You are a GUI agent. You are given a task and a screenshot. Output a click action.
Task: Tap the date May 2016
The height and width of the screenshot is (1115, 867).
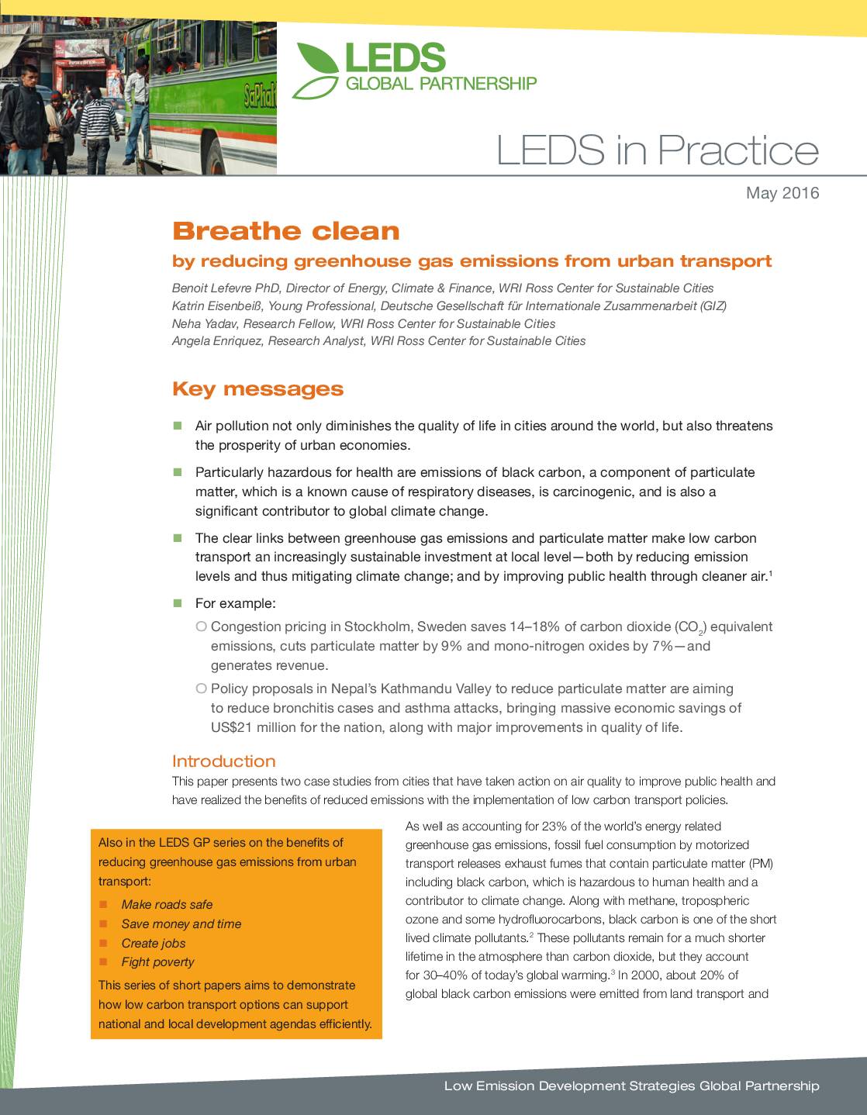[782, 193]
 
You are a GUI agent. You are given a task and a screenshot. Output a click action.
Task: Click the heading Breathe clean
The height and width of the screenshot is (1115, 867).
[285, 231]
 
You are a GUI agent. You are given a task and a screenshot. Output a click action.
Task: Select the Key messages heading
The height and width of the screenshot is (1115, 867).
[257, 388]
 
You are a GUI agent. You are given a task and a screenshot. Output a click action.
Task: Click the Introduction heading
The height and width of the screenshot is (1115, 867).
[223, 761]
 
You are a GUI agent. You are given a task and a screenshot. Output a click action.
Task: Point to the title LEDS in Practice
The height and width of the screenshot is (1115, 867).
[657, 150]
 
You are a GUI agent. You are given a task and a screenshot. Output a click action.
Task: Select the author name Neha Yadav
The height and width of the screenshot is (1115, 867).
[203, 323]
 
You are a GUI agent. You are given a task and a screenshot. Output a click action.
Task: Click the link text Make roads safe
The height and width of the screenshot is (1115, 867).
[167, 904]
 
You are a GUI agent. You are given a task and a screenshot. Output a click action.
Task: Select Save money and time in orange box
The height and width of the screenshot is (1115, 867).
[181, 923]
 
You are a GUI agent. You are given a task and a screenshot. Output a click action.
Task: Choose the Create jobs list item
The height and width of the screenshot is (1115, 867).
[154, 943]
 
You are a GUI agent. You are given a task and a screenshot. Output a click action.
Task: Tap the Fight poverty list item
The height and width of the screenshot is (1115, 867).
[157, 961]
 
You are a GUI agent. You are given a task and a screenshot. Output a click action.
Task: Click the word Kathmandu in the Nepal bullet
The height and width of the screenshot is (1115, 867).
[413, 689]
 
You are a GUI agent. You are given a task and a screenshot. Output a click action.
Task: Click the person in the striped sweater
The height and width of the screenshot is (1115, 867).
[98, 124]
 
